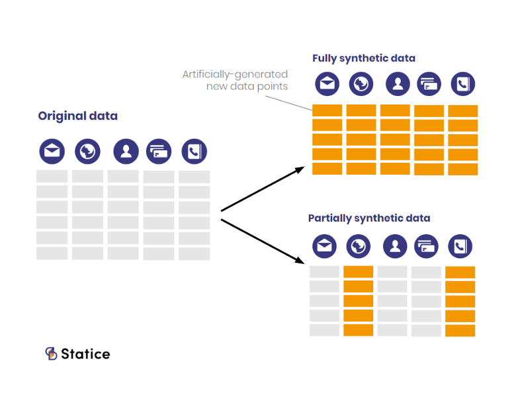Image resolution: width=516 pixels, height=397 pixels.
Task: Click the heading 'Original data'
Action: (x=77, y=116)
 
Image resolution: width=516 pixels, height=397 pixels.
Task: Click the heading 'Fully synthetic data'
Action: (x=364, y=58)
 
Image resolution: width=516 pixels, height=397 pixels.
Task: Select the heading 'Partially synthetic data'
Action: (x=369, y=218)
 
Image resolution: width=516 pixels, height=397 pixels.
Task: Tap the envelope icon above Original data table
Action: (x=52, y=152)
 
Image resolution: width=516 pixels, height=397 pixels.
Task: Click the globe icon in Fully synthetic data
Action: (x=361, y=84)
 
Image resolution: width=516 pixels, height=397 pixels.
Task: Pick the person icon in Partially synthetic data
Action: (x=395, y=247)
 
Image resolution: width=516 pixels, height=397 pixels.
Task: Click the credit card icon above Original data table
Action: (x=159, y=152)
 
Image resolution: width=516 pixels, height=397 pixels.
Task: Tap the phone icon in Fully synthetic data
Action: (x=462, y=84)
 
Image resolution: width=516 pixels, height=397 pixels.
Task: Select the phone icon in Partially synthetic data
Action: (x=460, y=247)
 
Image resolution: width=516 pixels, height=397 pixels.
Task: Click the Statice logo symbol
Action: (x=51, y=353)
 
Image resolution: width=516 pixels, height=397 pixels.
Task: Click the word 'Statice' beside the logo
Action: (x=85, y=354)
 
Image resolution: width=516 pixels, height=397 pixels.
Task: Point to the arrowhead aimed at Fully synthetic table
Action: (x=300, y=169)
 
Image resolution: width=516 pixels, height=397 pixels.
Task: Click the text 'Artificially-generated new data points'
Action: (x=235, y=80)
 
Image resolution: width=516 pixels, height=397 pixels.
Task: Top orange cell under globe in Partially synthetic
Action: (x=359, y=271)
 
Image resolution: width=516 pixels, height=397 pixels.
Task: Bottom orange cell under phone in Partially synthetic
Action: (x=460, y=330)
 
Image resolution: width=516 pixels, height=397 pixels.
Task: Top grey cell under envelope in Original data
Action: (x=52, y=176)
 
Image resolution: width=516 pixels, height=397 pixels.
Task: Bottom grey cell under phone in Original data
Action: (x=194, y=253)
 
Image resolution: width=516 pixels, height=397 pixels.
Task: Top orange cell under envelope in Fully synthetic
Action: (x=327, y=110)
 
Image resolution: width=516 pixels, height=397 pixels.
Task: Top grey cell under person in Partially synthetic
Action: (x=392, y=271)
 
